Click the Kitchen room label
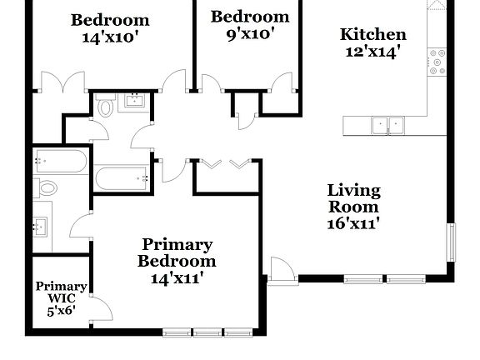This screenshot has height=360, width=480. (372, 34)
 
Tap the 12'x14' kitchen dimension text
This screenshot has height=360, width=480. (372, 51)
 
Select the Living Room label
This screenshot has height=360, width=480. (352, 198)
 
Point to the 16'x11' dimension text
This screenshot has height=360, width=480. (352, 222)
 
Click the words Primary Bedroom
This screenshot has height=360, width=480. (177, 252)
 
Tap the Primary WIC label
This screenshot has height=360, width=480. (61, 292)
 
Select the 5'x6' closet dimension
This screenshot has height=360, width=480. (61, 311)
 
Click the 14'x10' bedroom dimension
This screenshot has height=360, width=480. (109, 37)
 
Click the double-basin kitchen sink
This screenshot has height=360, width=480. (387, 125)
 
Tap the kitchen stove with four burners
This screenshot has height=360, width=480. (436, 62)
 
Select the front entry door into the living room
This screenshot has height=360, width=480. (282, 271)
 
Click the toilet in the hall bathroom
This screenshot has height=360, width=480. (106, 107)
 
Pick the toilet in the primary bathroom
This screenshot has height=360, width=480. (45, 188)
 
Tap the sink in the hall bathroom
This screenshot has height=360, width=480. (134, 102)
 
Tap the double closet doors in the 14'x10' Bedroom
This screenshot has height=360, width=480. (62, 82)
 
